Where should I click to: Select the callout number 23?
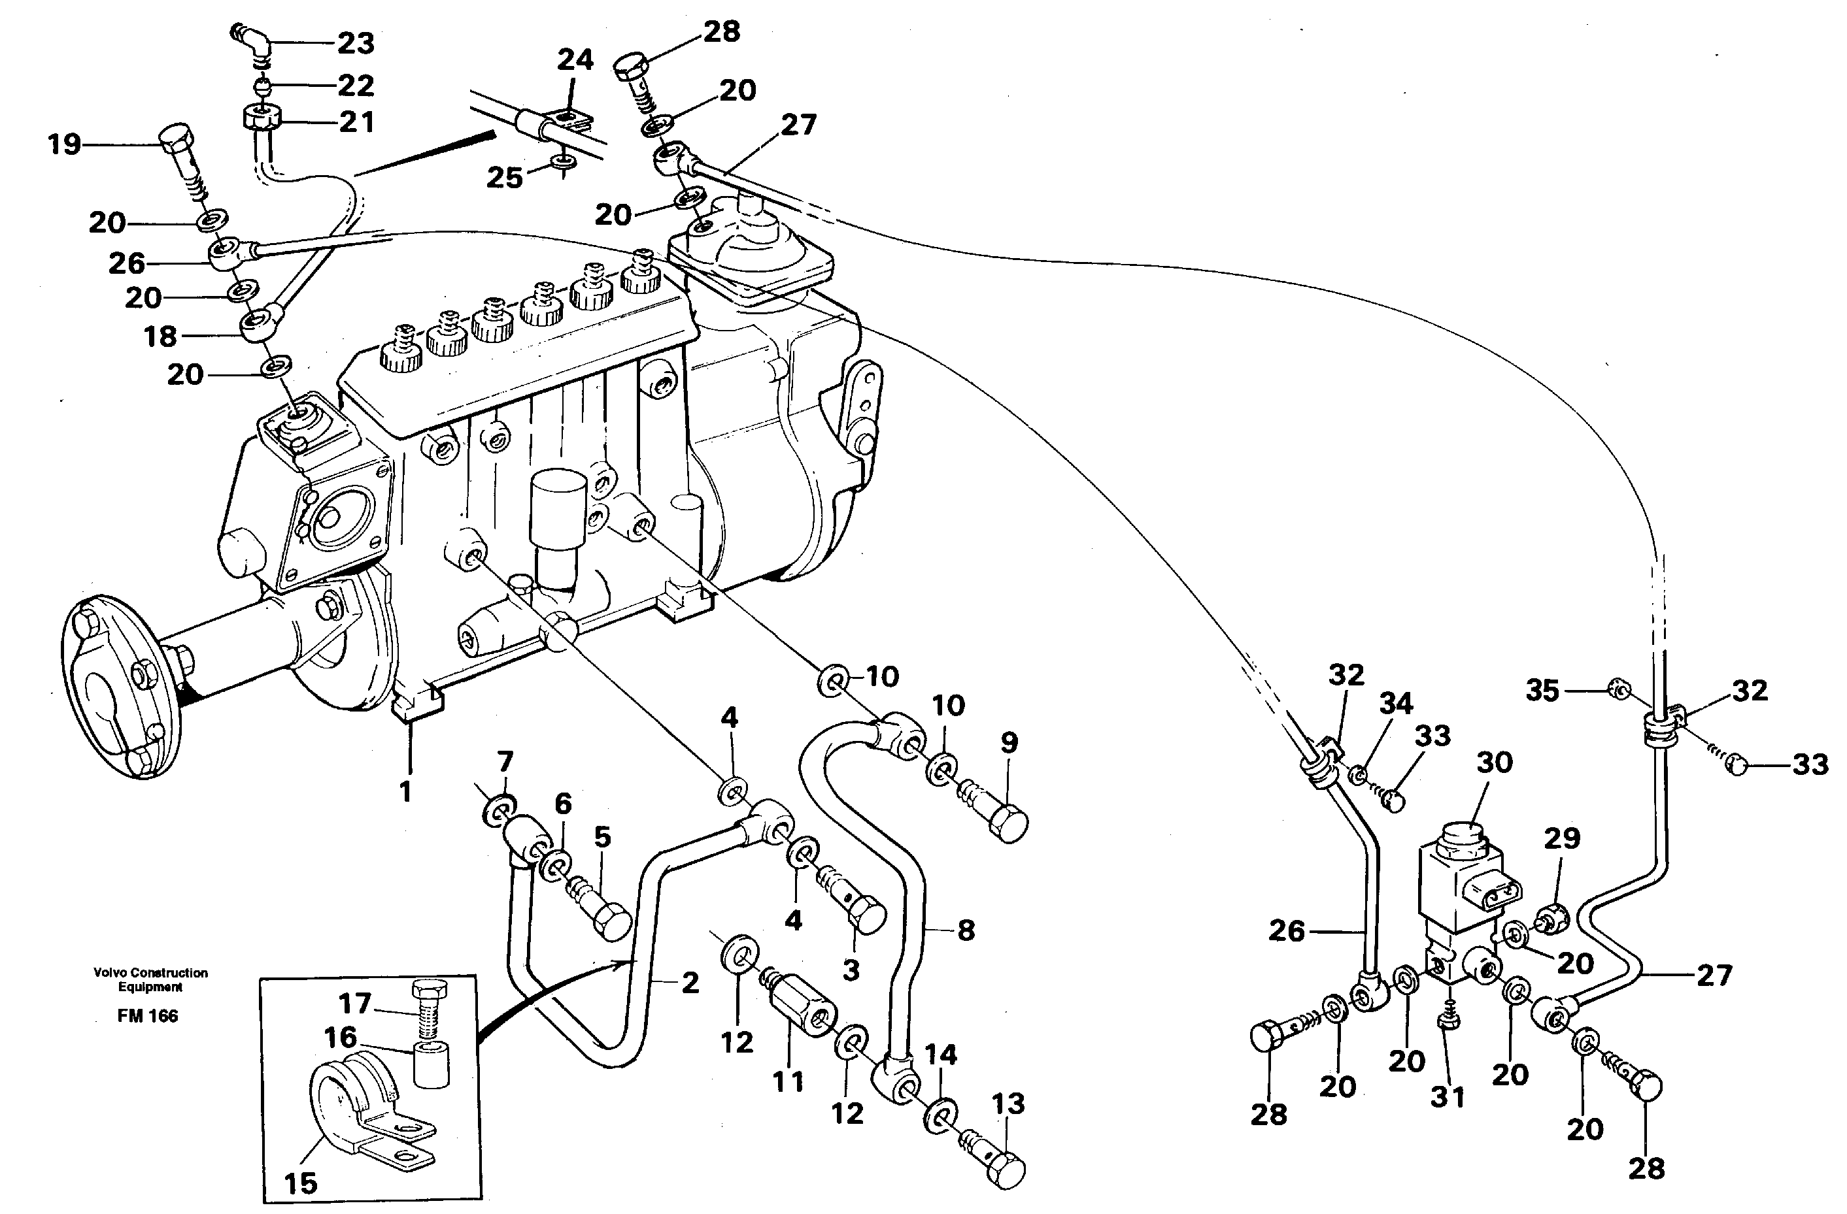click(x=356, y=43)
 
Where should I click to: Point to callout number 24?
click(x=575, y=59)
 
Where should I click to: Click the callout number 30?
click(x=1494, y=763)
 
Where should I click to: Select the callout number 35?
click(x=1542, y=691)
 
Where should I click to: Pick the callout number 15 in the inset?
click(x=299, y=1183)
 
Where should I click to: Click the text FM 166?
click(x=148, y=1016)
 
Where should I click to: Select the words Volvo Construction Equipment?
click(x=150, y=979)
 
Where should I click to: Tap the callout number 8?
click(x=966, y=929)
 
